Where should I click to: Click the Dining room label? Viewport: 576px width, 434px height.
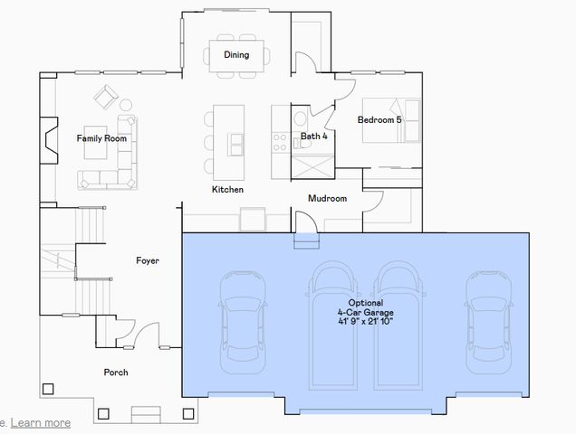point(236,55)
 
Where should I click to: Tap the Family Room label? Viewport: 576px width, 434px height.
point(101,138)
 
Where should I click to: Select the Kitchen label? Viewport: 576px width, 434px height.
point(227,190)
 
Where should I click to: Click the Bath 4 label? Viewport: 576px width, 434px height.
point(313,137)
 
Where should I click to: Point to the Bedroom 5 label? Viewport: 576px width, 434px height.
point(379,119)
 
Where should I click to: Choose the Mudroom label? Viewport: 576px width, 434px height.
point(327,198)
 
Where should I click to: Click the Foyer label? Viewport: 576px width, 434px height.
point(148,260)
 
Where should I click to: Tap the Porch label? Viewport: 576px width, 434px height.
point(116,372)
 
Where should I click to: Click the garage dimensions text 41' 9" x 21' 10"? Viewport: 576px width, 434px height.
point(366,321)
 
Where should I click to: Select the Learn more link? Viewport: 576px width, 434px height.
point(41,422)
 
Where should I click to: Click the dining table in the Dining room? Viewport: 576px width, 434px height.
point(236,54)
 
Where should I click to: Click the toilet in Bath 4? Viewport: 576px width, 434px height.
point(301,122)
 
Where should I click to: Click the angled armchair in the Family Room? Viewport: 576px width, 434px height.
point(108,96)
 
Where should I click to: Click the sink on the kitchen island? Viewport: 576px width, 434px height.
point(235,141)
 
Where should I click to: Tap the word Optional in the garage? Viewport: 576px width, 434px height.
point(366,303)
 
